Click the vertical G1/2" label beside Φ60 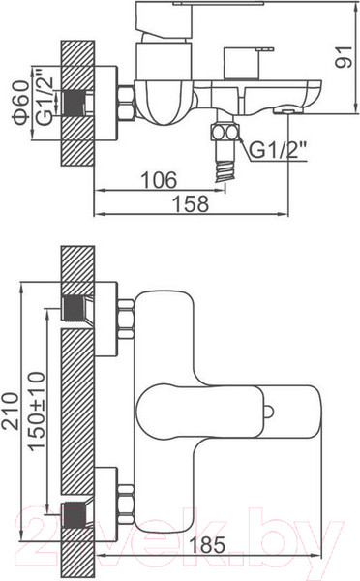(42, 100)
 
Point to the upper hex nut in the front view (126, 319)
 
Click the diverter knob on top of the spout (241, 83)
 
